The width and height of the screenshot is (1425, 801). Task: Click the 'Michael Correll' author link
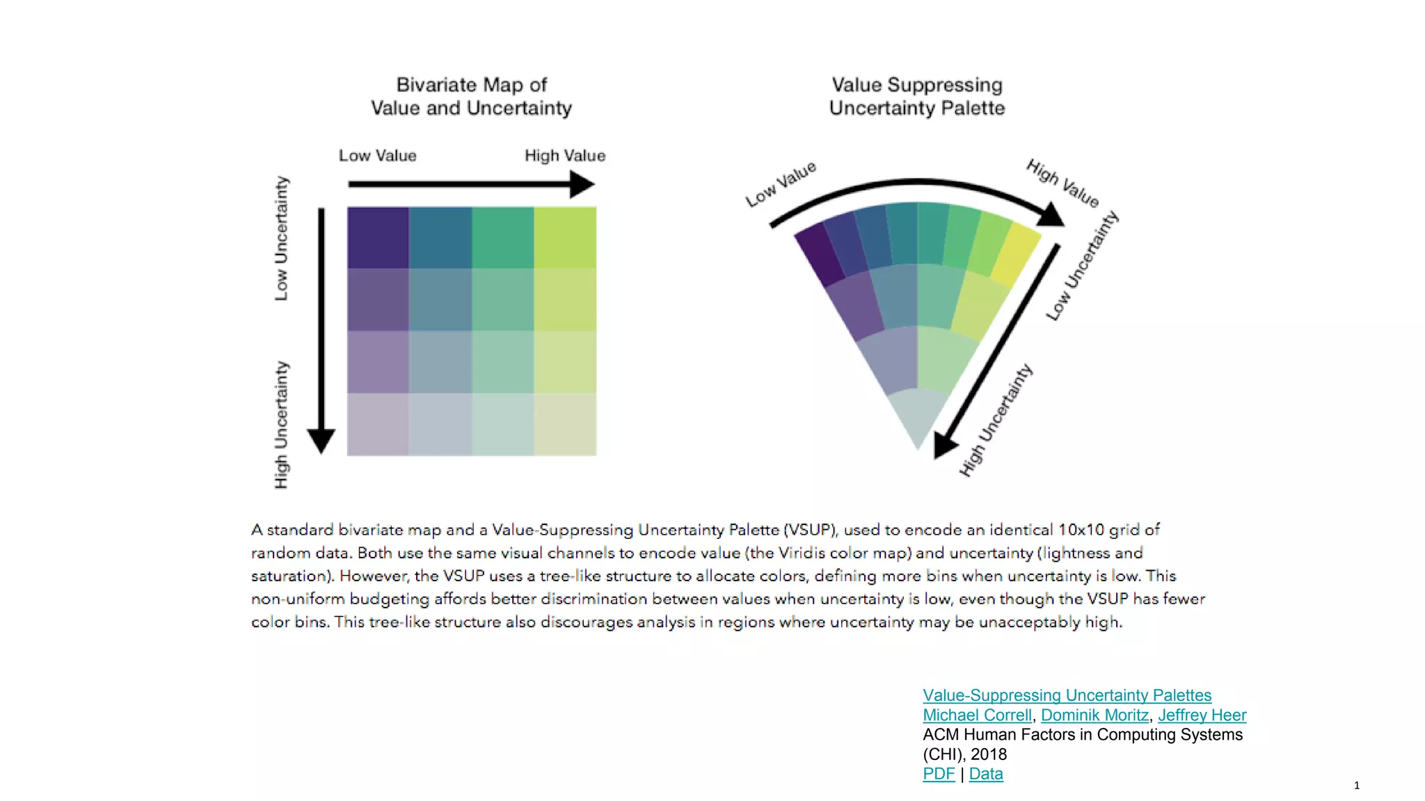[977, 715]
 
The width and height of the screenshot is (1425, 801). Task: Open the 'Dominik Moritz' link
[1094, 715]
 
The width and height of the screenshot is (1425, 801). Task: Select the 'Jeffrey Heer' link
[1202, 715]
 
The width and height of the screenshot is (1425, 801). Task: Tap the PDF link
[939, 774]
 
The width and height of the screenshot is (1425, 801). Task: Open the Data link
[985, 774]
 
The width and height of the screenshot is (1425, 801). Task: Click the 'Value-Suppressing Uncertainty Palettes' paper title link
[1067, 695]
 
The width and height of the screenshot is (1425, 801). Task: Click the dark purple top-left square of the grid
[378, 237]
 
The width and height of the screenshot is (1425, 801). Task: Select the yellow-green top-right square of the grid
[565, 237]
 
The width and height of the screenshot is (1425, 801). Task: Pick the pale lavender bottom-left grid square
[378, 425]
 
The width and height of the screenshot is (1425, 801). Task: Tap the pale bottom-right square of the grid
[565, 425]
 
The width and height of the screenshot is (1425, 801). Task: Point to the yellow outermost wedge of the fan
[1017, 254]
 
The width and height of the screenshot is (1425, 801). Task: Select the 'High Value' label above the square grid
[565, 156]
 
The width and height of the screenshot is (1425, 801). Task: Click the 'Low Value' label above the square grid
[378, 156]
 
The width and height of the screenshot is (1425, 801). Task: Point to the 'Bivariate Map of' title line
[472, 85]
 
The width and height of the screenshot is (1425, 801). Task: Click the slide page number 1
[1357, 786]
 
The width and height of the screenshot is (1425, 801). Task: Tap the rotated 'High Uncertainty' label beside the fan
[996, 421]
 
